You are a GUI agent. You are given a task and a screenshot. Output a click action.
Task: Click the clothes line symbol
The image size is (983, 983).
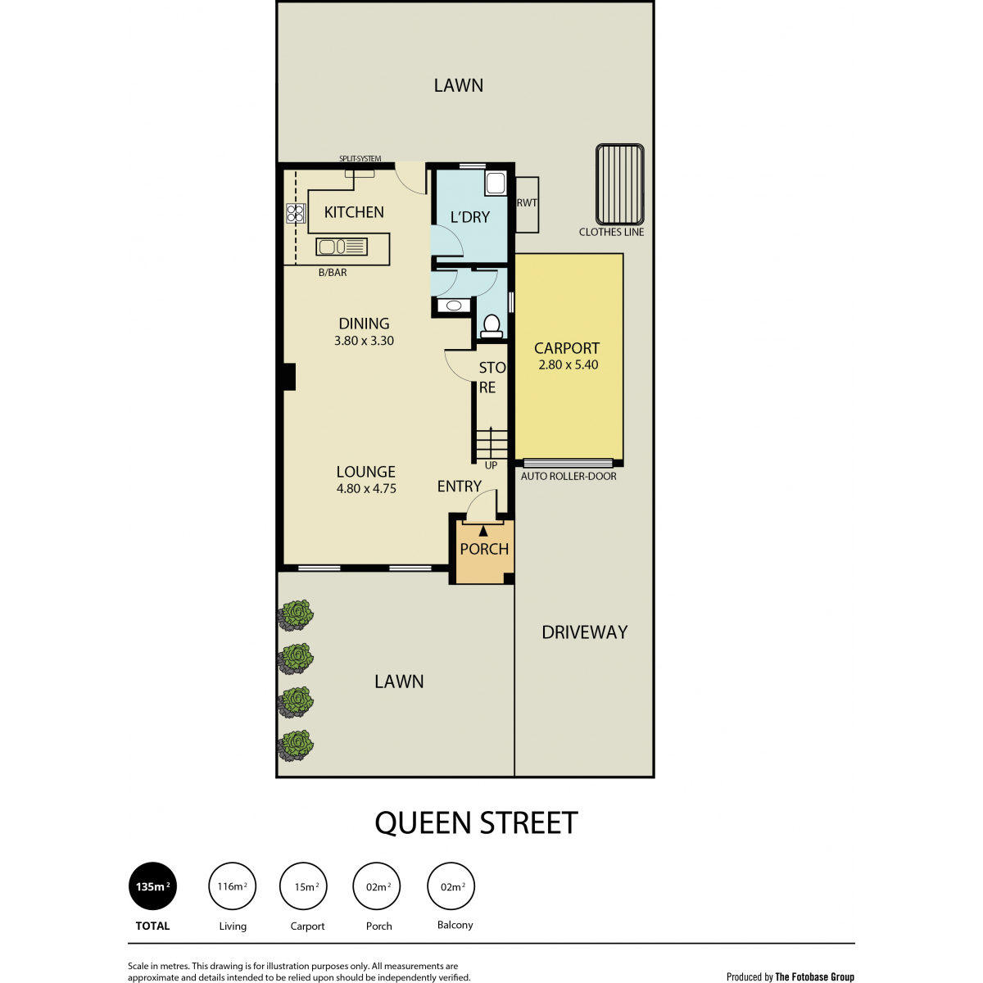(620, 184)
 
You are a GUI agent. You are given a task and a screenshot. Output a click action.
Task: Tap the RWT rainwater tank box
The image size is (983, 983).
(527, 205)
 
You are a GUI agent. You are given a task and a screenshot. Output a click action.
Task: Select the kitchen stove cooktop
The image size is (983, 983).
(296, 213)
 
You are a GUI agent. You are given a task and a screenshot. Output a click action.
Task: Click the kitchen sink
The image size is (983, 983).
(342, 247)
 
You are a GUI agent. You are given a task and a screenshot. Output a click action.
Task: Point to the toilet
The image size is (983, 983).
(491, 326)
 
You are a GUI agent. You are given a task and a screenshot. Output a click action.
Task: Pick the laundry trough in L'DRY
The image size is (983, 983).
(495, 183)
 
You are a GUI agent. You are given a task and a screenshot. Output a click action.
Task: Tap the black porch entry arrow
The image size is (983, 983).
(482, 532)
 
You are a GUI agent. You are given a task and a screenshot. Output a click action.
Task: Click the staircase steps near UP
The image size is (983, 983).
(491, 444)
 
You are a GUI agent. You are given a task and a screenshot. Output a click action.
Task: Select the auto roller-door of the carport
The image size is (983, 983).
(568, 463)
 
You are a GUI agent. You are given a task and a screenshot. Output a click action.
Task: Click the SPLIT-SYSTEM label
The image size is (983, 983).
(360, 159)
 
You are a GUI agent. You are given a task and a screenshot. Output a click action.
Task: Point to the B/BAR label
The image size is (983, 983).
(333, 273)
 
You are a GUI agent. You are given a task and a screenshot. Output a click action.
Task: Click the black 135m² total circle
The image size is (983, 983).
(152, 886)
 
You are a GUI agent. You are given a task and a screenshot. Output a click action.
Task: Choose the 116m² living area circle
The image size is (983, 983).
(232, 886)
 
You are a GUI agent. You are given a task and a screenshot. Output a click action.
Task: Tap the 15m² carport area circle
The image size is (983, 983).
(303, 886)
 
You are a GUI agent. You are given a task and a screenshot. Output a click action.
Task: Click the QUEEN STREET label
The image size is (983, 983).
(476, 822)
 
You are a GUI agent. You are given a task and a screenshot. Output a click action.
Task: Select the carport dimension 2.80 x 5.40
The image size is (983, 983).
(569, 365)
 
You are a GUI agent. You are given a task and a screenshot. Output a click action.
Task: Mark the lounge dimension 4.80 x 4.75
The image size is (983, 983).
(366, 488)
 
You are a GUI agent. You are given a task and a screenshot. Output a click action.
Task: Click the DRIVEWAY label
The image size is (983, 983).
(585, 632)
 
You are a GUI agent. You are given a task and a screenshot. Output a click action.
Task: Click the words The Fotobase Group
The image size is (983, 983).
(814, 977)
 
